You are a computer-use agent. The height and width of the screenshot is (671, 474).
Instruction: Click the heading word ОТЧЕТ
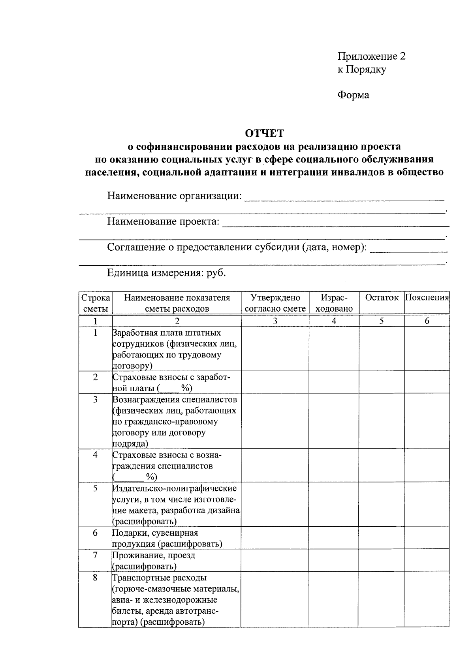[264, 133]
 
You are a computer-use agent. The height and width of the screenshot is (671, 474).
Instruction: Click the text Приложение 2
[371, 56]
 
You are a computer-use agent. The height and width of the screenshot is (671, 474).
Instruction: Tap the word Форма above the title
[353, 95]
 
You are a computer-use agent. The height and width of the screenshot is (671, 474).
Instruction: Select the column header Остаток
[382, 298]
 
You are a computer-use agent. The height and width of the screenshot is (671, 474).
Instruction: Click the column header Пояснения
[427, 298]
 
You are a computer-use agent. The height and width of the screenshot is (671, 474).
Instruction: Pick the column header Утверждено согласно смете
[275, 303]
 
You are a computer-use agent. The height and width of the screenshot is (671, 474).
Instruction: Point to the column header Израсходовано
[334, 303]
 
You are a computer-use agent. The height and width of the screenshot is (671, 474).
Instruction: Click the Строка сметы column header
[95, 303]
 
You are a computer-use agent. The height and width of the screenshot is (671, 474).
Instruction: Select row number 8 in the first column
[95, 578]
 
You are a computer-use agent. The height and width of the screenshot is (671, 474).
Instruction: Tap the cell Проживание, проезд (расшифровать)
[154, 561]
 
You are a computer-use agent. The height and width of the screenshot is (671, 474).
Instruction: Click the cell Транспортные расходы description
[175, 599]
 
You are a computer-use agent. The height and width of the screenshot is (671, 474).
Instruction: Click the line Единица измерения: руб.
[166, 273]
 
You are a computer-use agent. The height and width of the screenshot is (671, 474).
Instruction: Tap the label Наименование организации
[174, 196]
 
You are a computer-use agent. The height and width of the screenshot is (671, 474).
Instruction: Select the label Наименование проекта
[163, 221]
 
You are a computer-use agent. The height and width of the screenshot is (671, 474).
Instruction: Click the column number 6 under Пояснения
[427, 321]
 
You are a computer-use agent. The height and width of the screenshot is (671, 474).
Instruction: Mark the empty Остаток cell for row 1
[382, 349]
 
